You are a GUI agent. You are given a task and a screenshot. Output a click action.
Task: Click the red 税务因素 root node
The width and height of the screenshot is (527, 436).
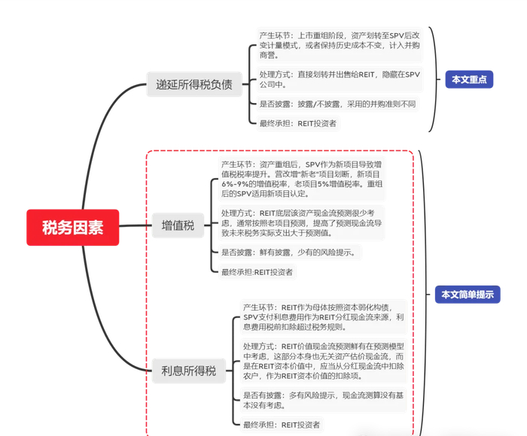point(72,226)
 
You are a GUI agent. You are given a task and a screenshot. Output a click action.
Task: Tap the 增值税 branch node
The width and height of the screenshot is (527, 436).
point(178,225)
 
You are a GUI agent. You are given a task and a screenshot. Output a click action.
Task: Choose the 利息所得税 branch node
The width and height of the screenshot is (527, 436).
point(188,370)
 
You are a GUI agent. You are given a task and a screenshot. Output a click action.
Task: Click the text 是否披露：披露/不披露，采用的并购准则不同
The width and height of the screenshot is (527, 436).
point(337,104)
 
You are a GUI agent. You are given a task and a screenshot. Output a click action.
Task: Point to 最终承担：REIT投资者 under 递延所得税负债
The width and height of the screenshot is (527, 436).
point(298,123)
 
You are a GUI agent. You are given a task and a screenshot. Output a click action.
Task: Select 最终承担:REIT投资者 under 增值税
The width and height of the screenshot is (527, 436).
point(257,272)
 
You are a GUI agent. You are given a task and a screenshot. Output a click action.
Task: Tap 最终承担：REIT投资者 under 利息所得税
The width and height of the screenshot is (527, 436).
point(281,425)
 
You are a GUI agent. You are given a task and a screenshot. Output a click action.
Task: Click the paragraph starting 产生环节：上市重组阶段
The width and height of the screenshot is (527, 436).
point(339,45)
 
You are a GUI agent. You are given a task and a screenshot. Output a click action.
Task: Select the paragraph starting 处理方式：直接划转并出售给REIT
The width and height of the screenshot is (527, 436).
point(339,80)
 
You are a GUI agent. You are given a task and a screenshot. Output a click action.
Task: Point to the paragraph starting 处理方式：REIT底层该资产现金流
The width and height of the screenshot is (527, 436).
point(301,223)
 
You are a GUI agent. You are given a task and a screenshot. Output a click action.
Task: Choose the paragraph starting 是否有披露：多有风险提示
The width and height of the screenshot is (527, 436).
point(324,400)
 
